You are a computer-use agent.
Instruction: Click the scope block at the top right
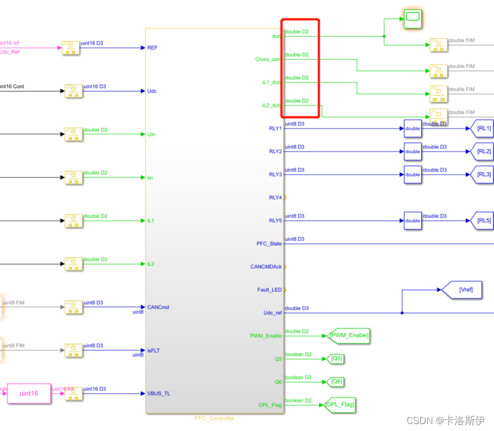pos(412,19)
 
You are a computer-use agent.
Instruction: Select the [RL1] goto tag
pos(482,128)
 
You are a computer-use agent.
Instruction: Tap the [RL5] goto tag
pos(482,221)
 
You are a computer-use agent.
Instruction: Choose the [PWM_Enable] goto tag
pos(349,335)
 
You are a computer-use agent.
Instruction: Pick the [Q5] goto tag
pos(336,358)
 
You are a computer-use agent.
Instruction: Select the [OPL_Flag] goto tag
pos(339,404)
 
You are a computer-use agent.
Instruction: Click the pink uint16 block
pos(29,394)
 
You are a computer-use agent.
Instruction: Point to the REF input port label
pos(152,48)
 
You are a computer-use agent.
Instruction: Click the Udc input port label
pos(152,91)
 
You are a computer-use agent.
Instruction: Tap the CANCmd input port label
pos(158,307)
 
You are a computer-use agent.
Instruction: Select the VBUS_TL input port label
pos(159,394)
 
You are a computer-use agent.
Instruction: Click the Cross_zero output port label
pos(269,59)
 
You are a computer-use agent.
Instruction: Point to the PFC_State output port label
pos(269,244)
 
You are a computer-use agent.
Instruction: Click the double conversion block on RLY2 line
pos(412,152)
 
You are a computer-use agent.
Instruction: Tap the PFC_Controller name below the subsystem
pos(215,418)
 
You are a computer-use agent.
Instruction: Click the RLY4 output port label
pos(275,198)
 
